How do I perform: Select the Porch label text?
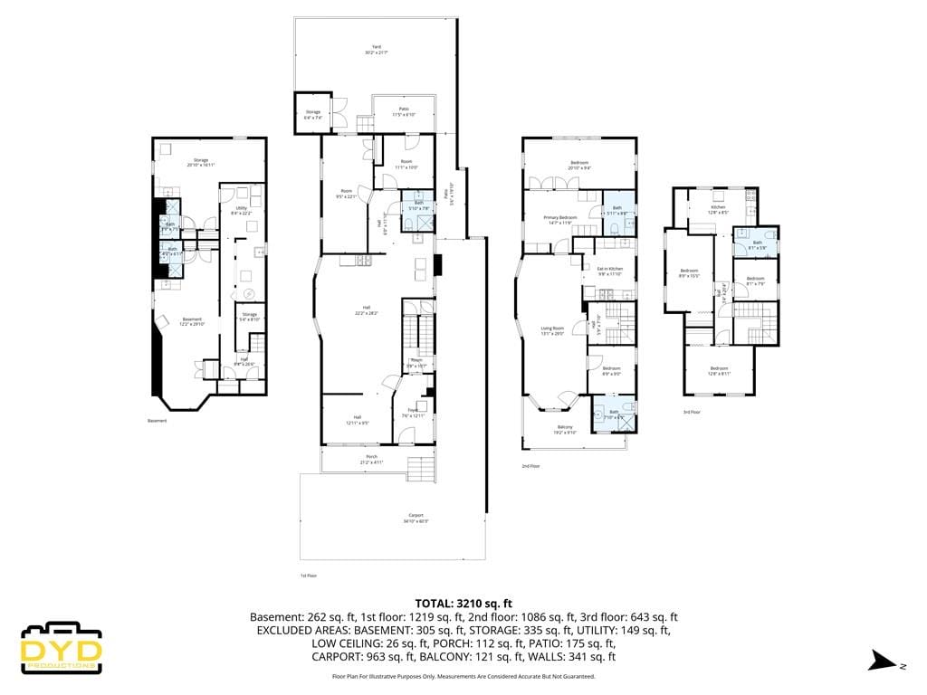[x=371, y=460]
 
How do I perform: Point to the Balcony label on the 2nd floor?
[x=565, y=429]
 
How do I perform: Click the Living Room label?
[x=552, y=330]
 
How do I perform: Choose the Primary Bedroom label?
[x=559, y=220]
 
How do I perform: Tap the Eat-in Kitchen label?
[x=610, y=271]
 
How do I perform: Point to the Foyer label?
[x=411, y=413]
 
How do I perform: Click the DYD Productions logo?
[x=60, y=647]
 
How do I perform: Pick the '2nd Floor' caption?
[x=530, y=466]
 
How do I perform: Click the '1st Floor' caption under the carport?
[x=309, y=576]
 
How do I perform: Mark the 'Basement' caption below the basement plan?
[x=158, y=420]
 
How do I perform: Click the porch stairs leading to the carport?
[x=421, y=470]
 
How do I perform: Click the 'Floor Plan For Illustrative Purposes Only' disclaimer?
[x=463, y=676]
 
